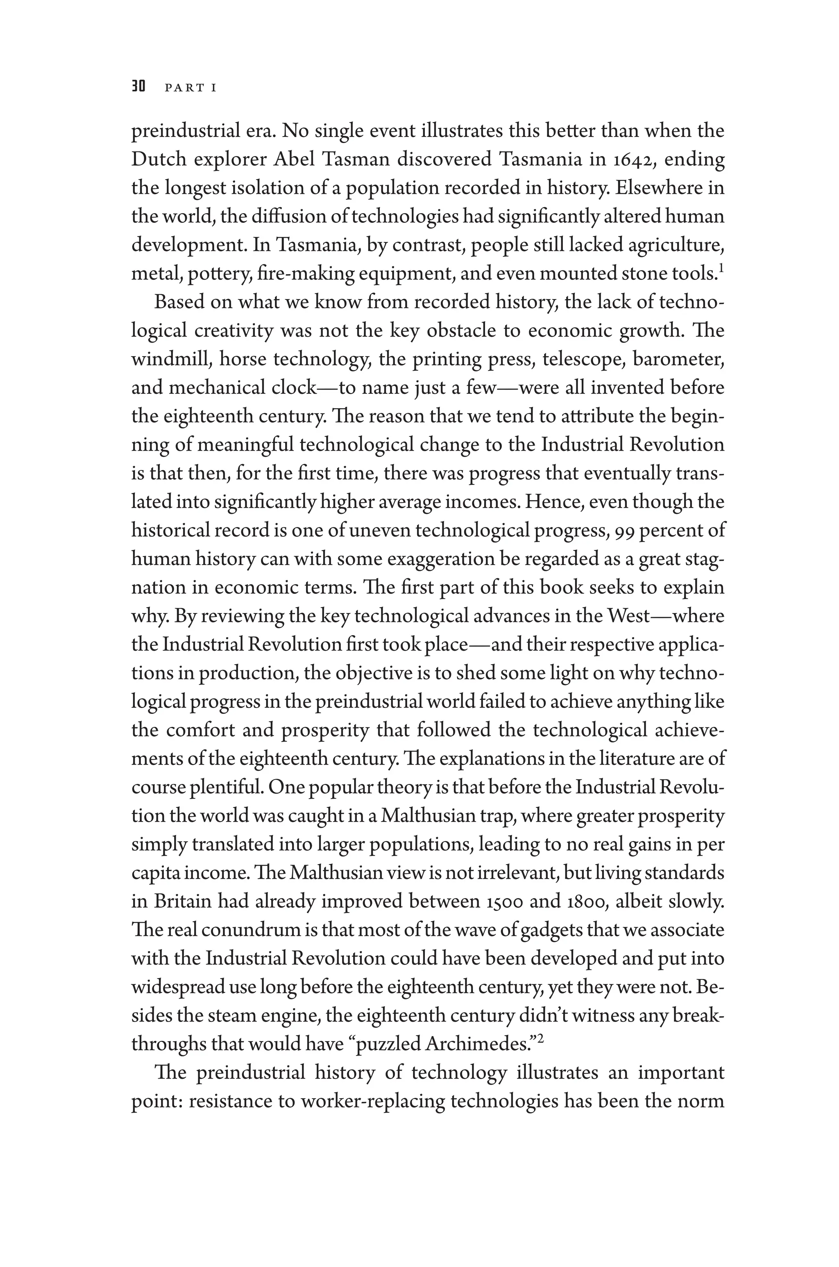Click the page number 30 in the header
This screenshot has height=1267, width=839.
(138, 87)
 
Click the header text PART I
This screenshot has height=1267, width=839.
(190, 88)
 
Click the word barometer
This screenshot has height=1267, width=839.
(678, 359)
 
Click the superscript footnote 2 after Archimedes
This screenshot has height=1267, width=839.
(540, 1039)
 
